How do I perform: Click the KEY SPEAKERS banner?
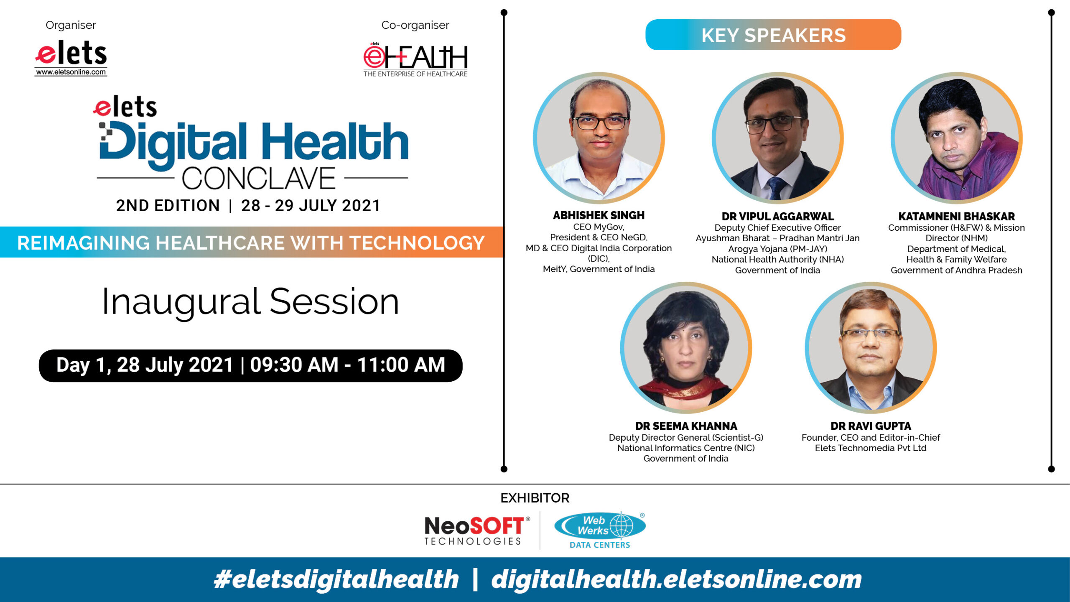click(x=773, y=35)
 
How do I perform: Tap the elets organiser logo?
click(x=71, y=58)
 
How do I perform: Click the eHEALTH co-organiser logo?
click(x=415, y=60)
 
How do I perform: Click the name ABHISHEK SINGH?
click(x=599, y=215)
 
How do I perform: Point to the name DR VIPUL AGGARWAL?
click(x=777, y=217)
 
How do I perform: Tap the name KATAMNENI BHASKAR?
click(x=956, y=217)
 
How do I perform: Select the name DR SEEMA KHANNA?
click(x=686, y=426)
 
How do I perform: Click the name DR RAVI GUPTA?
click(x=871, y=426)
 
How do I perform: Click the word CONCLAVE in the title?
click(x=259, y=179)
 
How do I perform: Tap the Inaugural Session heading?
click(x=250, y=302)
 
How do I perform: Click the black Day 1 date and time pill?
click(x=250, y=365)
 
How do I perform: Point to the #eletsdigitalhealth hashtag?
click(x=336, y=579)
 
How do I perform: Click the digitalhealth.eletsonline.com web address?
click(x=676, y=579)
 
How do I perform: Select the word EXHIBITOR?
click(x=535, y=498)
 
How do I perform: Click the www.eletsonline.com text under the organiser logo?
click(x=71, y=72)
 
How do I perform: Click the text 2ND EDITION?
click(x=168, y=206)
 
